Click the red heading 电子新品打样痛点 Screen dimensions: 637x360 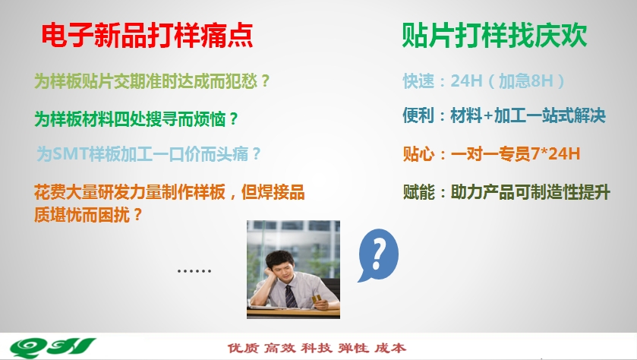(147, 36)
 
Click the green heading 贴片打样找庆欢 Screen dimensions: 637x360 (494, 36)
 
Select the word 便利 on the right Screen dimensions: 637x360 (418, 115)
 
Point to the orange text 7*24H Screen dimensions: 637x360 (555, 153)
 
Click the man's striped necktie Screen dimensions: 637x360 (291, 295)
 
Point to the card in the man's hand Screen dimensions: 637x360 (316, 299)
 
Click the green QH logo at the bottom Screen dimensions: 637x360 (52, 347)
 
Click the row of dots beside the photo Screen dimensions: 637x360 (194, 270)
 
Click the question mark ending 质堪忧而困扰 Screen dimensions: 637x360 (137, 214)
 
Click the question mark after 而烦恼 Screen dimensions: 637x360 (233, 119)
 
